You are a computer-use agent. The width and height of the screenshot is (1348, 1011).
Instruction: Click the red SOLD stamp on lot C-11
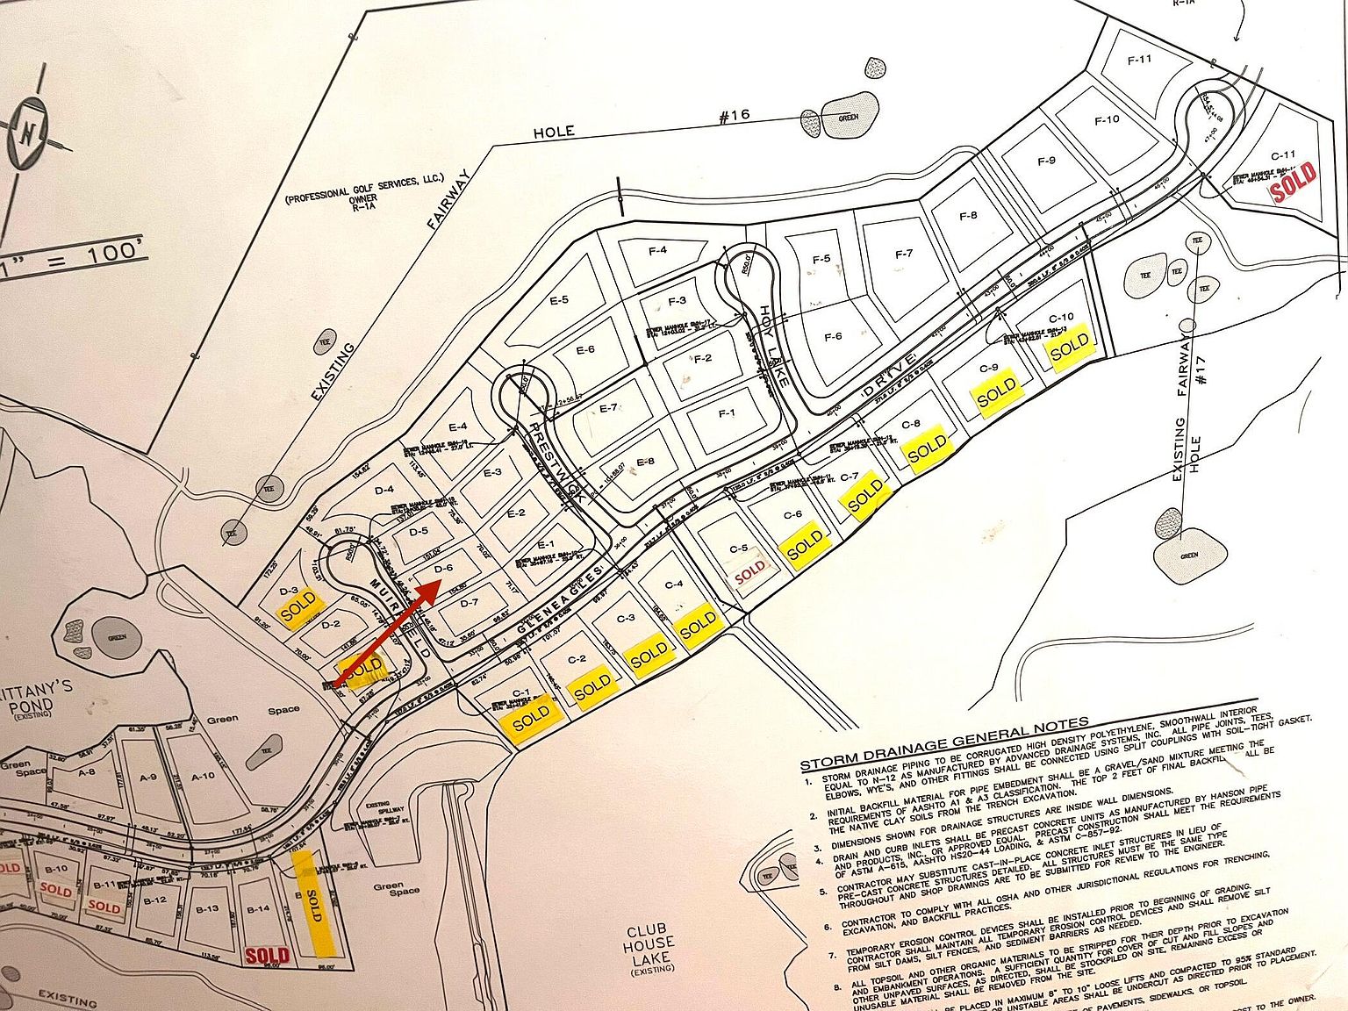click(x=1294, y=183)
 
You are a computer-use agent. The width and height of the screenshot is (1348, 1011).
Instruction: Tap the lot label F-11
click(x=1138, y=60)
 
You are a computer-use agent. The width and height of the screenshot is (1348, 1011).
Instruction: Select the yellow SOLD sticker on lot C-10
click(x=1069, y=349)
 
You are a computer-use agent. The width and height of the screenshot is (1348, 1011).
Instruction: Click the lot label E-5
click(x=559, y=300)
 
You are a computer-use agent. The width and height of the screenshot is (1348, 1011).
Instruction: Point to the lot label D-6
click(x=443, y=569)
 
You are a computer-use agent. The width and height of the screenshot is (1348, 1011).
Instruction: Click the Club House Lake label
click(x=649, y=948)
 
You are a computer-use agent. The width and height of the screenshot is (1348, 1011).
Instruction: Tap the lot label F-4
click(x=657, y=251)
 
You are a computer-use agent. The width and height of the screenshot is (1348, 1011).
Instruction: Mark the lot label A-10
click(x=203, y=775)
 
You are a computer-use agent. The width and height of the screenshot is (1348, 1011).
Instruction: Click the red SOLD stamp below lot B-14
click(x=267, y=955)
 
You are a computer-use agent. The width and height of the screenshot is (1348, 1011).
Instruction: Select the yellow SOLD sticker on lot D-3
click(x=298, y=607)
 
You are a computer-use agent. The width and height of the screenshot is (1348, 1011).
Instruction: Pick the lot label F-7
click(x=903, y=255)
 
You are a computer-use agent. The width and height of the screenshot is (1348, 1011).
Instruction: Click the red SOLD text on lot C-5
click(x=749, y=571)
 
